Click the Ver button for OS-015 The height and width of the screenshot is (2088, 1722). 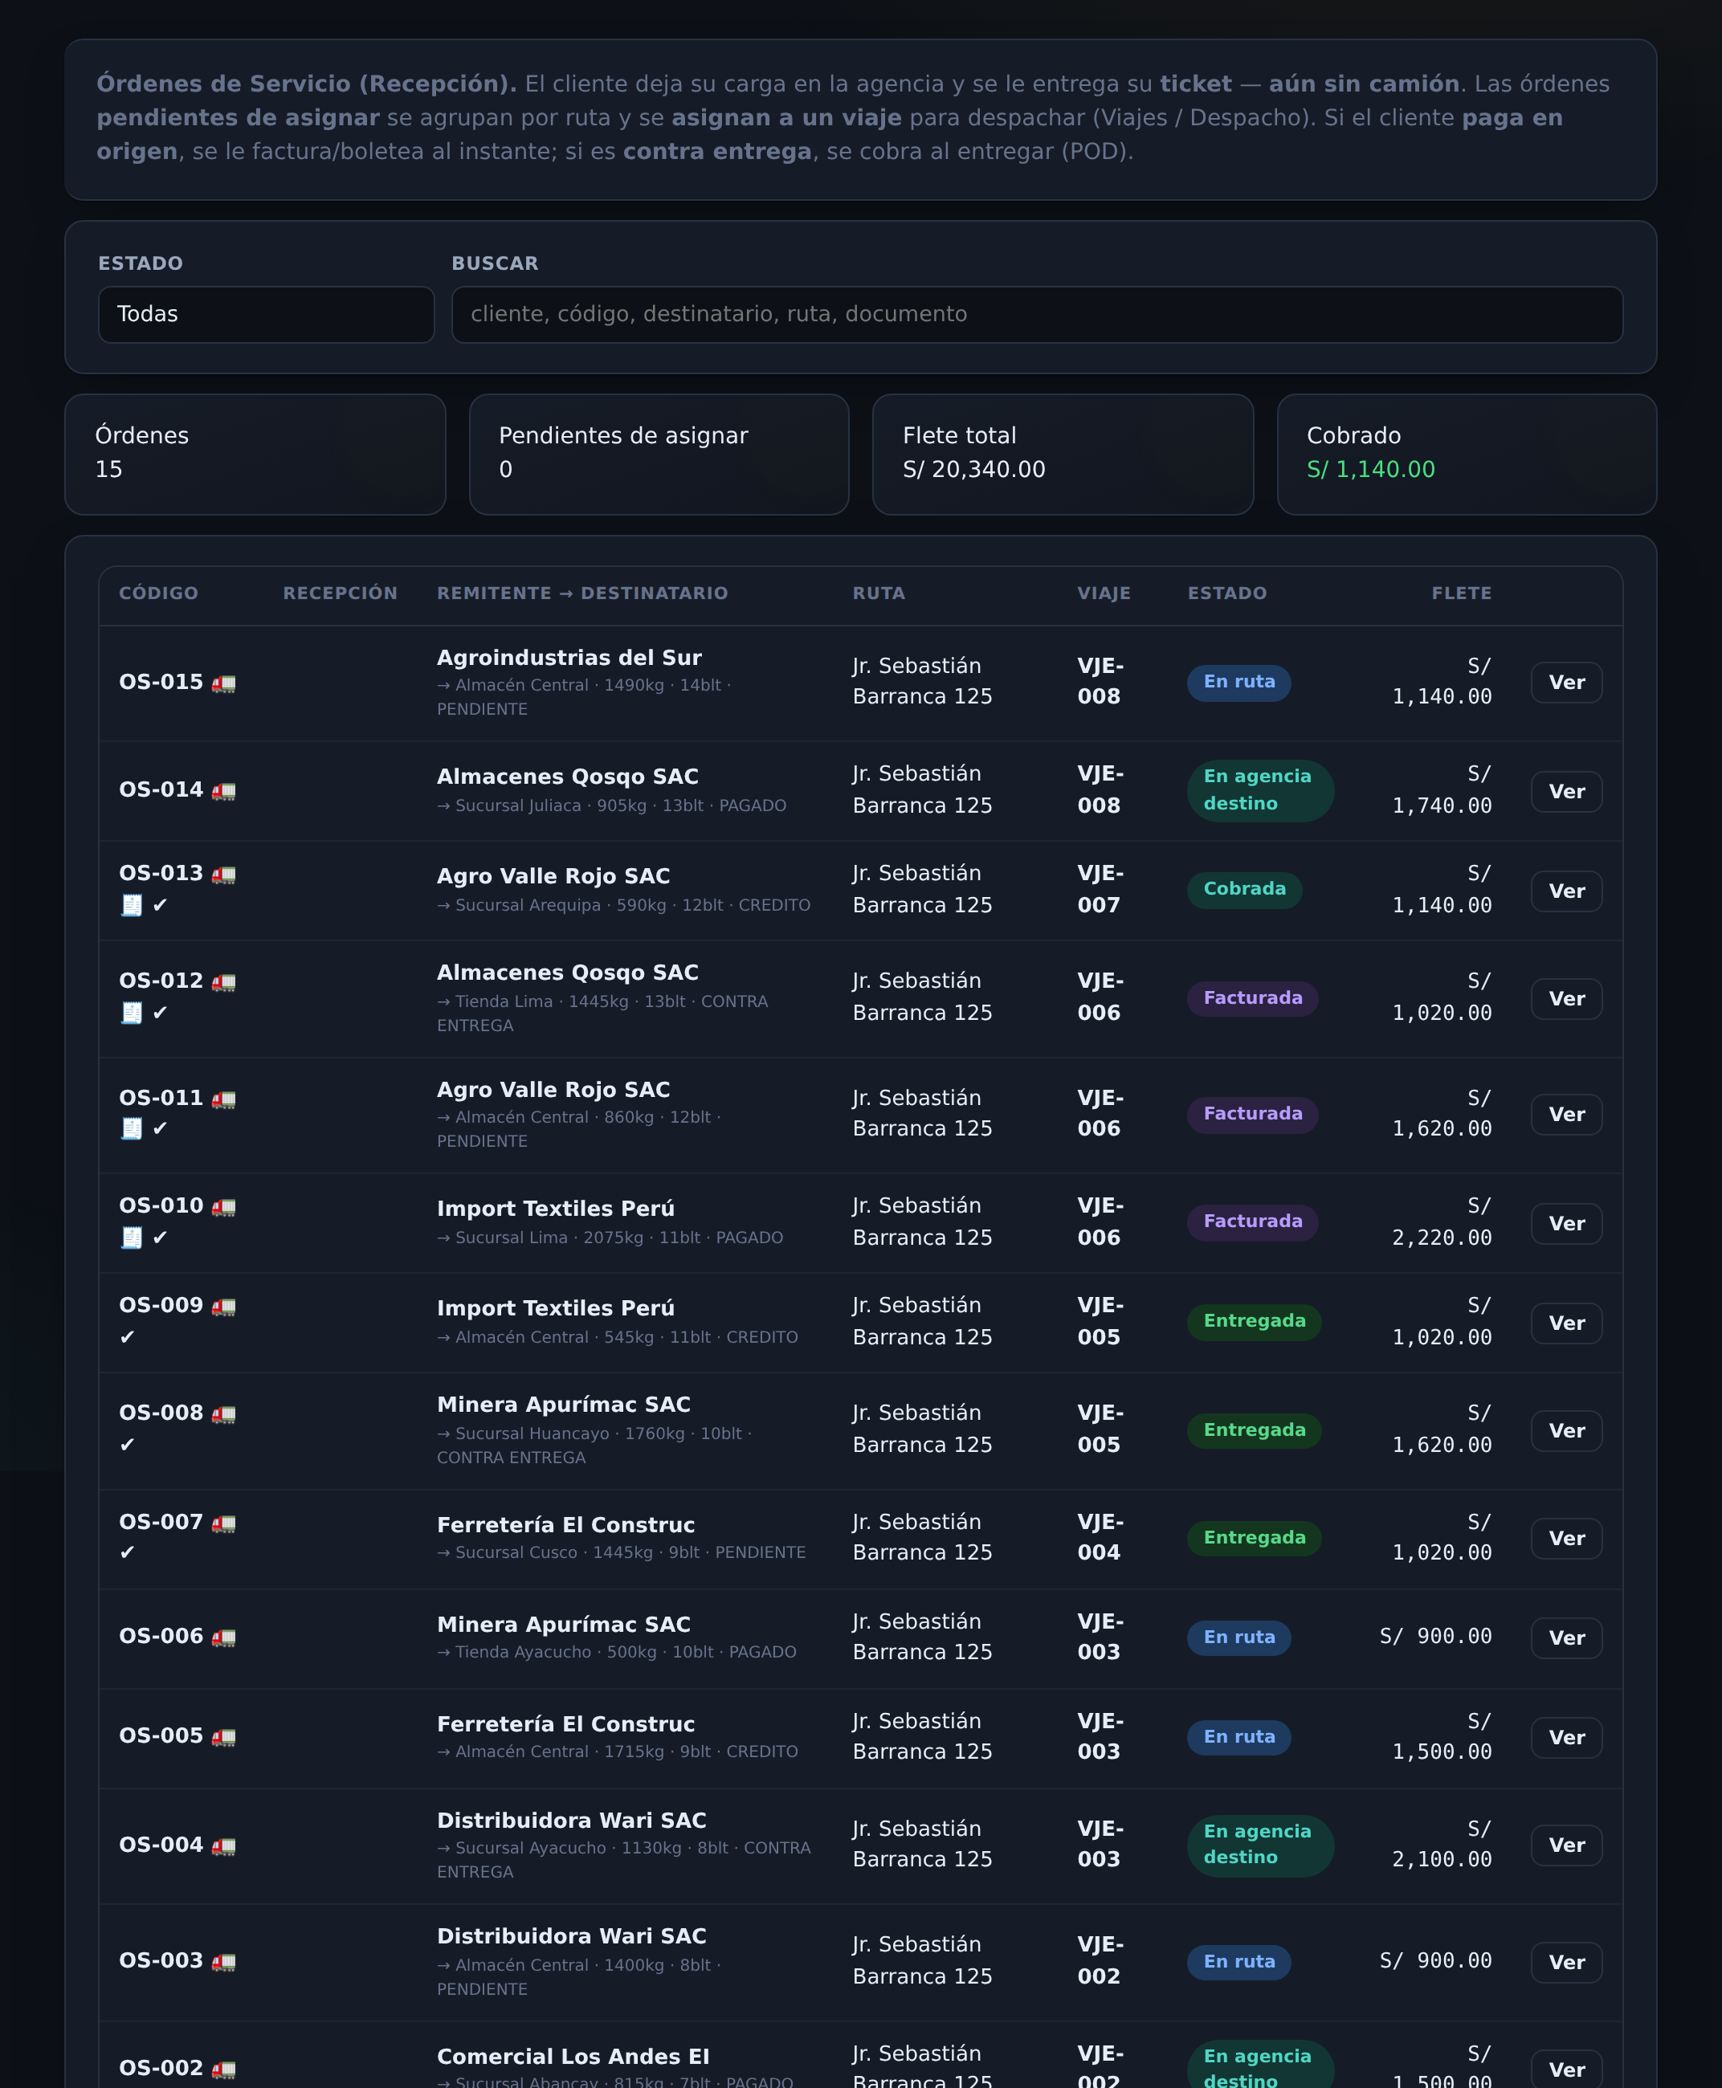[x=1566, y=683]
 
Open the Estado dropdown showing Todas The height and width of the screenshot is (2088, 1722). [x=266, y=315]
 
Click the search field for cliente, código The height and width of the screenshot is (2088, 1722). [x=1037, y=315]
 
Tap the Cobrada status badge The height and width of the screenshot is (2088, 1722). [x=1244, y=889]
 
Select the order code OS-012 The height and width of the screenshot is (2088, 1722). [x=161, y=980]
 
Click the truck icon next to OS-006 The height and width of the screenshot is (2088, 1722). [x=224, y=1637]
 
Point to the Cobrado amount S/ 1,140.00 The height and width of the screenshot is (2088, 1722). [x=1370, y=469]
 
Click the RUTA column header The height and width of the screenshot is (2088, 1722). [x=878, y=593]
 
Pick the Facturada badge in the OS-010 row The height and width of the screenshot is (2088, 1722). [x=1252, y=1221]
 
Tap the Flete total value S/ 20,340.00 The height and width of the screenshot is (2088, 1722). [x=973, y=469]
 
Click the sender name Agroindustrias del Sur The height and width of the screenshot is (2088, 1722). [x=569, y=658]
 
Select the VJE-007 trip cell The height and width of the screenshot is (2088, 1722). [x=1100, y=889]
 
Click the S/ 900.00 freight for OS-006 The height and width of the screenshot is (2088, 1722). [x=1435, y=1636]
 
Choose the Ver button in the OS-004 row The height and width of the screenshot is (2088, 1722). [x=1566, y=1845]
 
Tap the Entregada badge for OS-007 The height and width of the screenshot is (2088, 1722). [x=1254, y=1537]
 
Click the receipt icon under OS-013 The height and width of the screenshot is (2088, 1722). [x=131, y=906]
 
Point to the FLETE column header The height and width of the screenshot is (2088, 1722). [x=1461, y=593]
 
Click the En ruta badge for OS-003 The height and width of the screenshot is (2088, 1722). [x=1239, y=1961]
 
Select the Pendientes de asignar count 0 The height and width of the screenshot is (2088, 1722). [x=506, y=469]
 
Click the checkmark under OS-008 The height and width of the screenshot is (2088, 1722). [x=127, y=1446]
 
